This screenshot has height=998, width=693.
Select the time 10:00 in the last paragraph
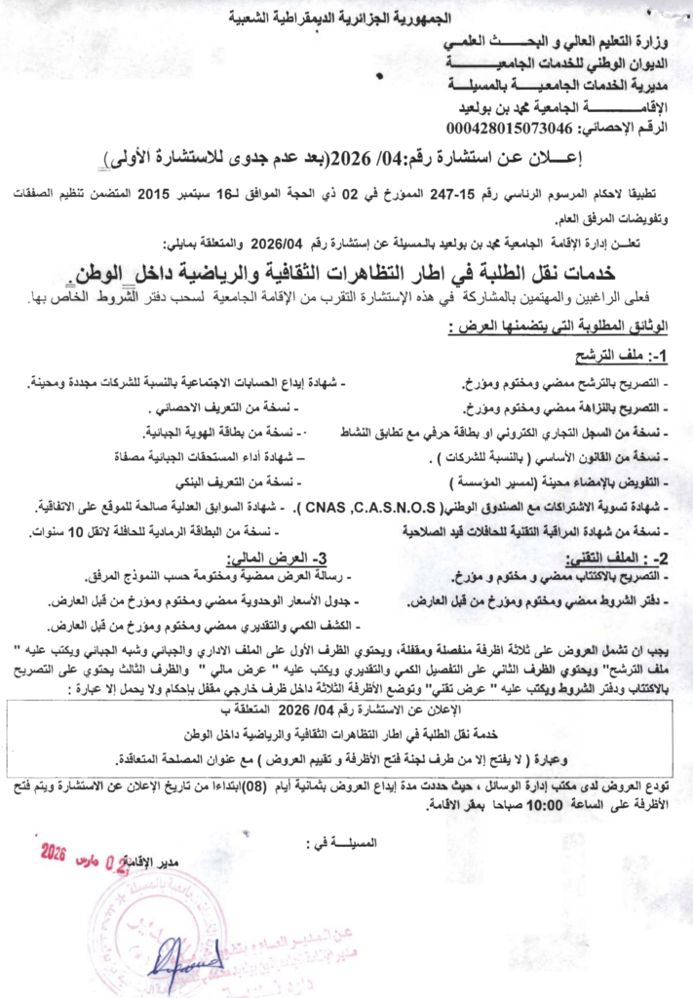(525, 806)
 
